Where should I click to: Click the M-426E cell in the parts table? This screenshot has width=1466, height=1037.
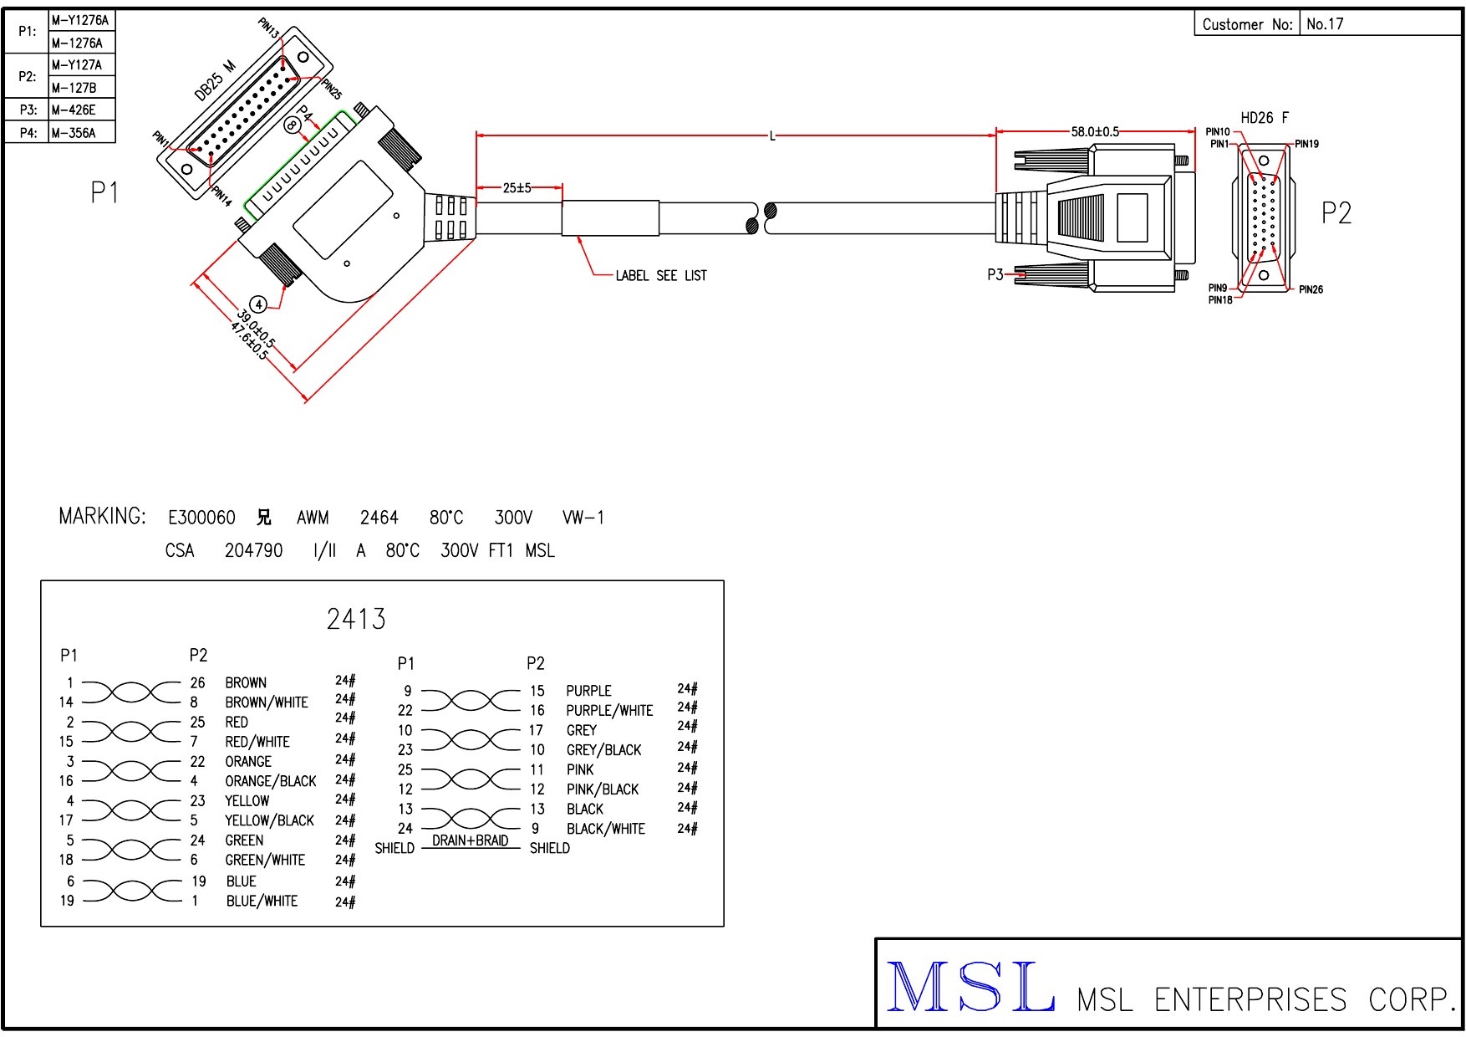tap(74, 110)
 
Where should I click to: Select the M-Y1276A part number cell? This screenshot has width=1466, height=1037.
tap(80, 20)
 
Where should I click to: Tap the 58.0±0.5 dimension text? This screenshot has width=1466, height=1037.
tap(1095, 131)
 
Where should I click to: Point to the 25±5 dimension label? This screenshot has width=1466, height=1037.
tap(517, 188)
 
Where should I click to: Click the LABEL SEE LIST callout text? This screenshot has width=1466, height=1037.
tap(661, 275)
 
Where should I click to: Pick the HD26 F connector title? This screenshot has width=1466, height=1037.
tap(1265, 118)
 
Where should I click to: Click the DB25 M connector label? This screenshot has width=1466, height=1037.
tap(215, 81)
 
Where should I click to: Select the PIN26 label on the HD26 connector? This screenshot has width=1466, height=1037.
tap(1311, 289)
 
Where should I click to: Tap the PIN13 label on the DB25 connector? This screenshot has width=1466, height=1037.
tap(269, 28)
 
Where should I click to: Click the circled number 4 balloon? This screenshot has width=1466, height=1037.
tap(259, 304)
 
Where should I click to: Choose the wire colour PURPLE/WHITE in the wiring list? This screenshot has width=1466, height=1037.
tap(609, 711)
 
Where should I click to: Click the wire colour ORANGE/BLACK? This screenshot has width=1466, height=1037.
tap(271, 781)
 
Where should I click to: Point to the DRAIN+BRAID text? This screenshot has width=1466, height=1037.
tap(470, 840)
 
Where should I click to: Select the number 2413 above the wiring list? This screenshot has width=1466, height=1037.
tap(356, 619)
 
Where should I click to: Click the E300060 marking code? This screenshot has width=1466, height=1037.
tap(201, 518)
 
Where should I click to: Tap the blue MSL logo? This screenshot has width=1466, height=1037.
tap(970, 988)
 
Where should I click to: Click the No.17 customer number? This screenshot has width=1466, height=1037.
tap(1325, 24)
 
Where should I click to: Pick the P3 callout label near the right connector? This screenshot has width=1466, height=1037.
tap(995, 274)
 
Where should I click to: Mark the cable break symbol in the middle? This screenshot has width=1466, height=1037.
tap(761, 218)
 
